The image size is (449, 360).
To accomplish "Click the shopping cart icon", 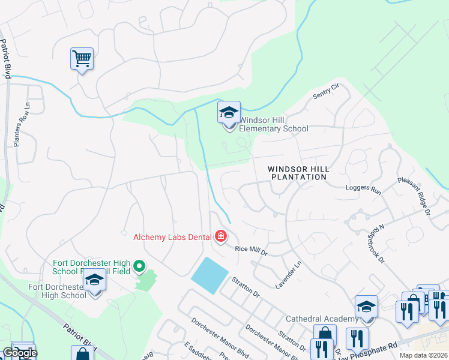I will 82,59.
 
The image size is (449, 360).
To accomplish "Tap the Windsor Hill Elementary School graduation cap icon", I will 228,113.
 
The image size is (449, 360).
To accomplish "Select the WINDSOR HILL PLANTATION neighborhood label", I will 298,173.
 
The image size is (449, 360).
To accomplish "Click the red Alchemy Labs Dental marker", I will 220,237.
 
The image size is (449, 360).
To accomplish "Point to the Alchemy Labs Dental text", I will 172,237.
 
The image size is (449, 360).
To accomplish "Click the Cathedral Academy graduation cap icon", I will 366,307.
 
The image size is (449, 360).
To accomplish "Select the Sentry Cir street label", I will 326,92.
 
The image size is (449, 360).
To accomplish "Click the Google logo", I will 19,353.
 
